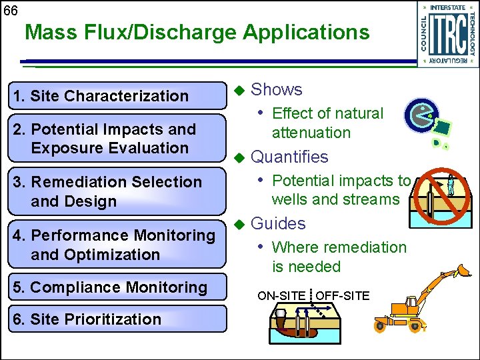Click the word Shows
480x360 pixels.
pos(276,89)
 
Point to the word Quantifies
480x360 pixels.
pos(289,157)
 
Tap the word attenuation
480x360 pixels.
pos(311,132)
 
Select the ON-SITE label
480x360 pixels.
pos(281,295)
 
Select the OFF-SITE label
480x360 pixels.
pos(342,295)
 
